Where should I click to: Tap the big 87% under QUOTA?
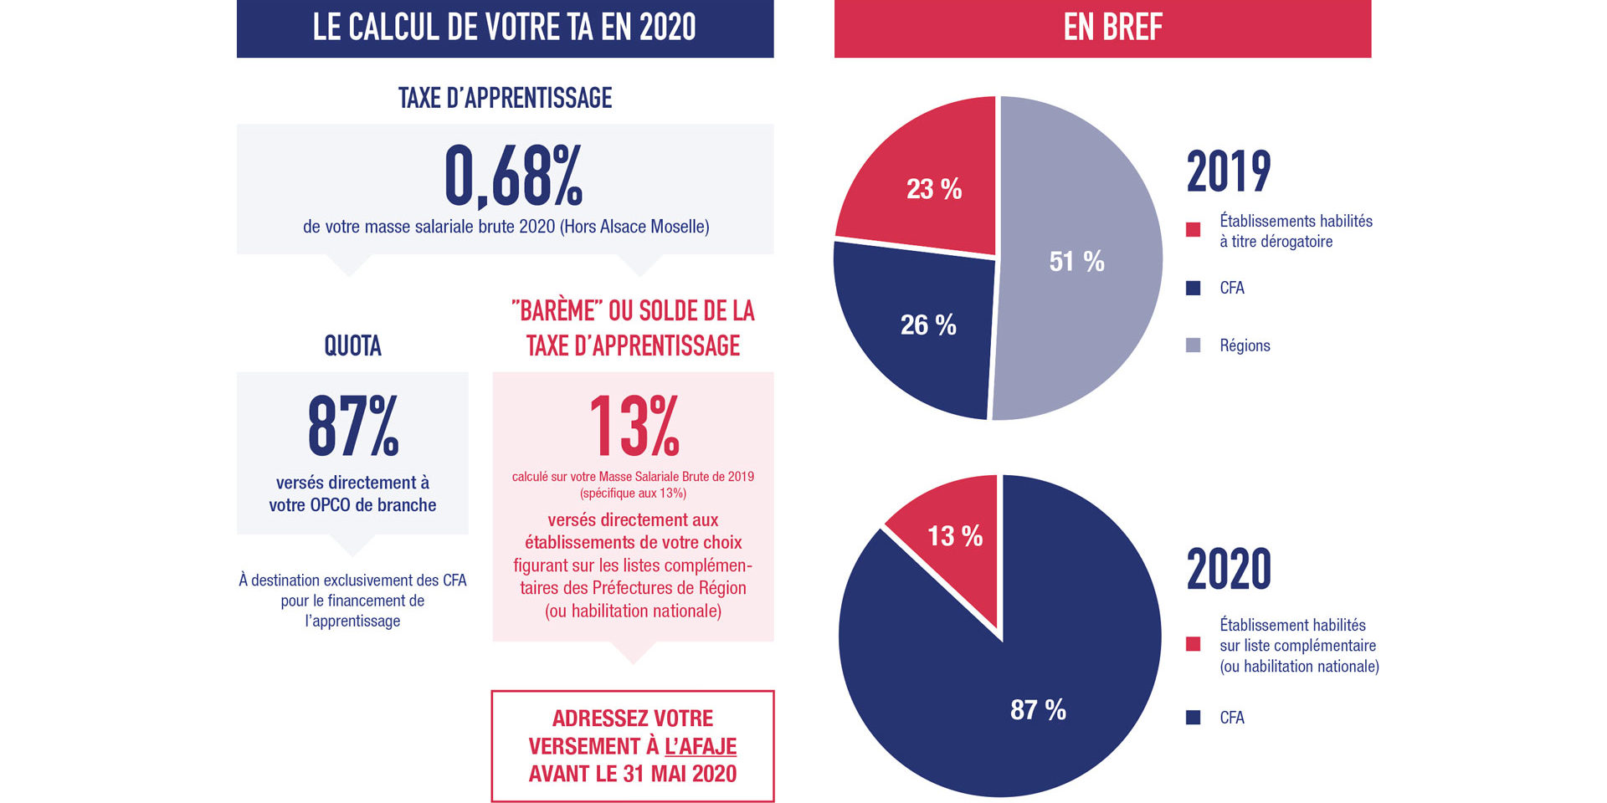[x=352, y=427]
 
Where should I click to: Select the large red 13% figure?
[x=634, y=427]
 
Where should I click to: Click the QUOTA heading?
[x=352, y=345]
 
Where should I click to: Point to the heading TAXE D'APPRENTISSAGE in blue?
[x=505, y=98]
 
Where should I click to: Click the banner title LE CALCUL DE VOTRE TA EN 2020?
[x=504, y=28]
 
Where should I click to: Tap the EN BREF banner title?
[x=1112, y=28]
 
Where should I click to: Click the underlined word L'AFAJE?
[x=700, y=746]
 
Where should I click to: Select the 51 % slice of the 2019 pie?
[x=1077, y=261]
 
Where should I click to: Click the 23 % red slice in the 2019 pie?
[x=934, y=189]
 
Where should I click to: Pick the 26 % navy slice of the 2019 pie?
[x=928, y=325]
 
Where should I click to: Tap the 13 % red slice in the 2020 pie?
[x=955, y=535]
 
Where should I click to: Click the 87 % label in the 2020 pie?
[x=1038, y=709]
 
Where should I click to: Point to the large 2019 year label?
[x=1228, y=171]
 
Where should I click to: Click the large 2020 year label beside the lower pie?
[x=1228, y=569]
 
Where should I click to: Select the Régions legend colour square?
[x=1194, y=345]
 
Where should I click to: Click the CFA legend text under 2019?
[x=1231, y=288]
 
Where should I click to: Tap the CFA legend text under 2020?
[x=1231, y=718]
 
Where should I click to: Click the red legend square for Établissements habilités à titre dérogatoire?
[x=1194, y=230]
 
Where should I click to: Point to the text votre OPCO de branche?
[x=352, y=505]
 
